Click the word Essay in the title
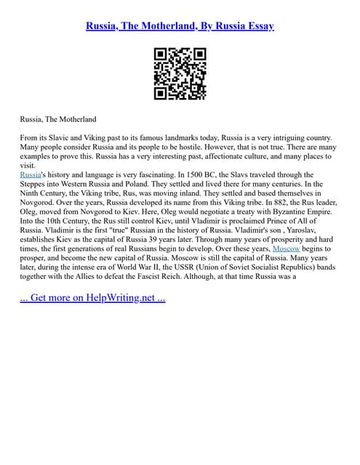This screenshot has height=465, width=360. (260, 26)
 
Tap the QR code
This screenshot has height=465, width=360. (180, 74)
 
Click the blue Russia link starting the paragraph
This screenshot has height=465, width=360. (30, 175)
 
